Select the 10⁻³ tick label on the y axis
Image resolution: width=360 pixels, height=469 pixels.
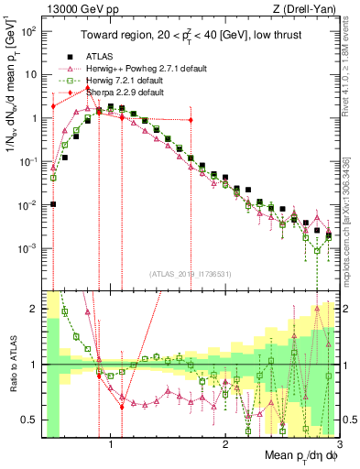tap(29, 248)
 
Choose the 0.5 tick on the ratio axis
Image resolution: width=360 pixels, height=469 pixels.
tap(32, 420)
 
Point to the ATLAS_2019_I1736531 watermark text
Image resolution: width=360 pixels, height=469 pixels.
tap(191, 273)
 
